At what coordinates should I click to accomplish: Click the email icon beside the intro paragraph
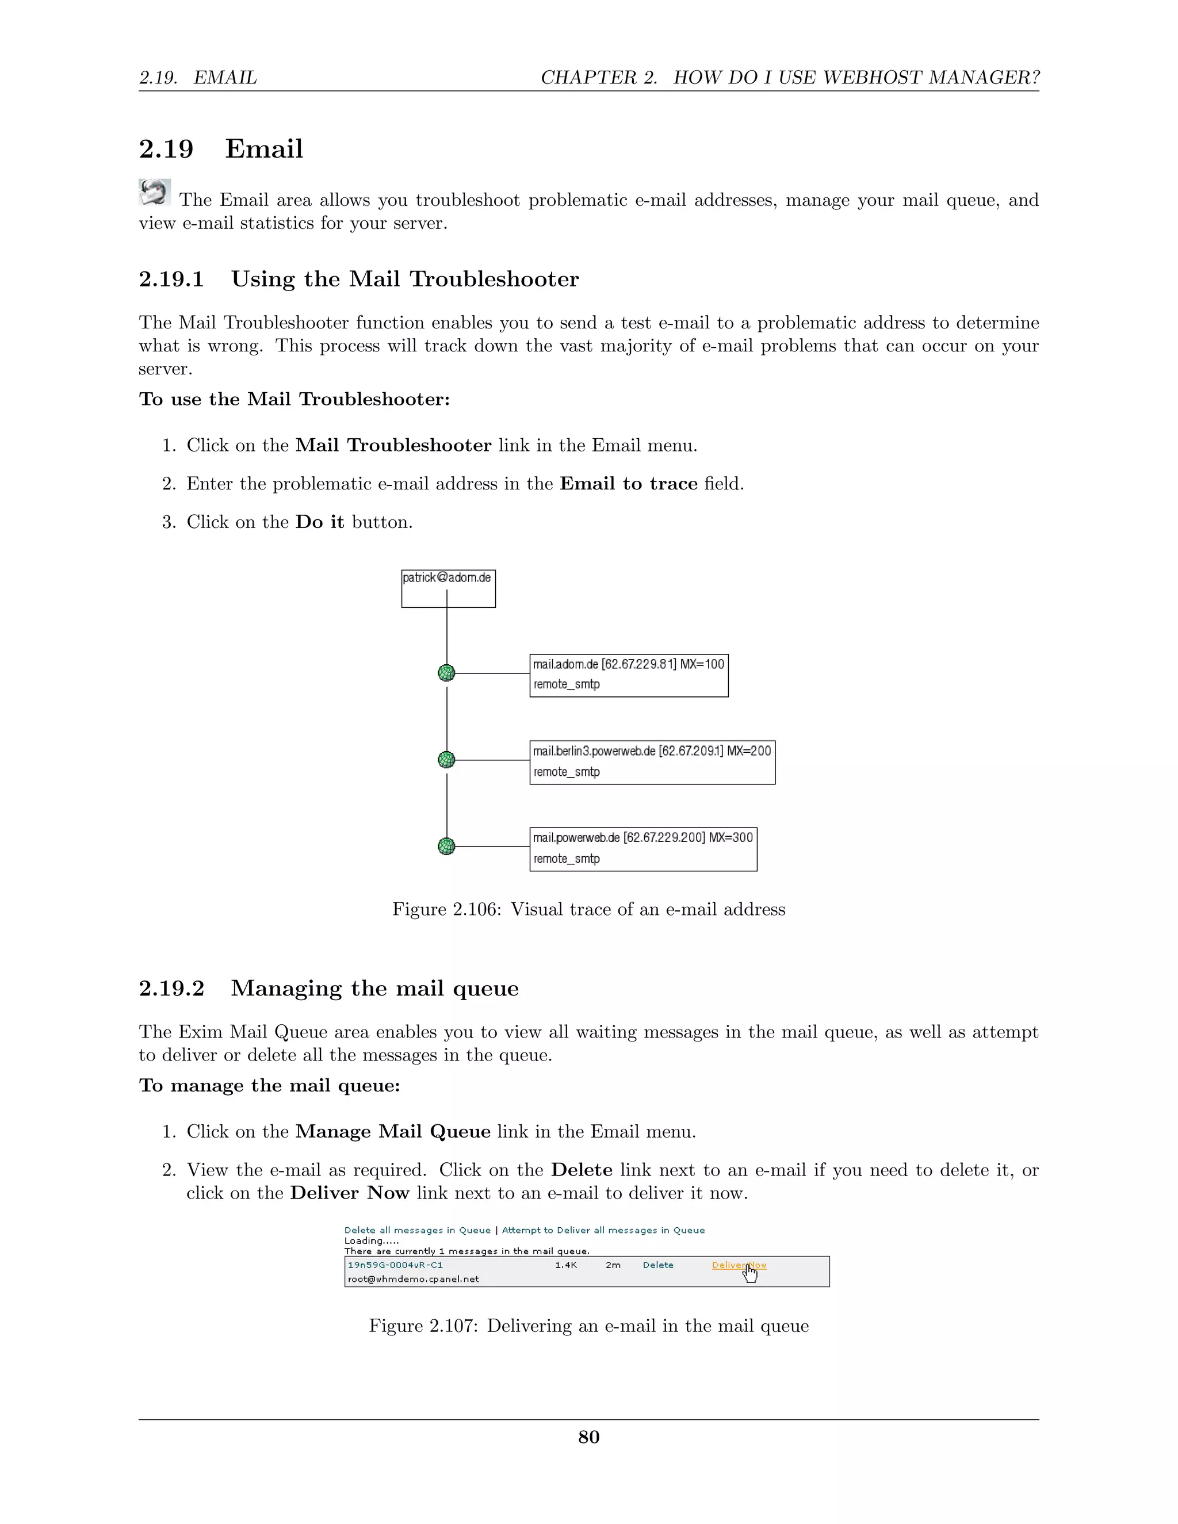tap(154, 192)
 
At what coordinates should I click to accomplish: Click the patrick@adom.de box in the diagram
tap(448, 588)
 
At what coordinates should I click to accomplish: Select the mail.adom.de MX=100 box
tap(628, 675)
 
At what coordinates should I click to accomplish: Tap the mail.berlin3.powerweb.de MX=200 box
tap(652, 762)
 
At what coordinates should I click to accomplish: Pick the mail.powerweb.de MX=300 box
tap(642, 848)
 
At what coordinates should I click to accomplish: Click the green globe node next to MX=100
tap(446, 673)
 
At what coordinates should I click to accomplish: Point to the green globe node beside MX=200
tap(446, 759)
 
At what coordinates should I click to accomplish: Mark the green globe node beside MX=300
tap(446, 847)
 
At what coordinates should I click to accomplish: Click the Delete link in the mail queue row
tap(657, 1265)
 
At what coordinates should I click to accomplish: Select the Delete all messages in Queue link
tap(418, 1230)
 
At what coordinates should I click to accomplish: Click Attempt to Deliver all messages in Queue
tap(603, 1230)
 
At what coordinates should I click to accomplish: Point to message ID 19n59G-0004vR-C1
tap(395, 1265)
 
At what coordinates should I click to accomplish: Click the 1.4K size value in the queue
tap(566, 1265)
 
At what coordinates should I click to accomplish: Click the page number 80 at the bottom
tap(588, 1437)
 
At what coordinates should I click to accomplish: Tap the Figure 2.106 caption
tap(588, 909)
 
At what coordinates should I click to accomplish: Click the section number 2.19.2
tap(171, 988)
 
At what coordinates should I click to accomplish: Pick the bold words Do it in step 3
tap(320, 522)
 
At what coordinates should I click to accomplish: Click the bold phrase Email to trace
tap(628, 484)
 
